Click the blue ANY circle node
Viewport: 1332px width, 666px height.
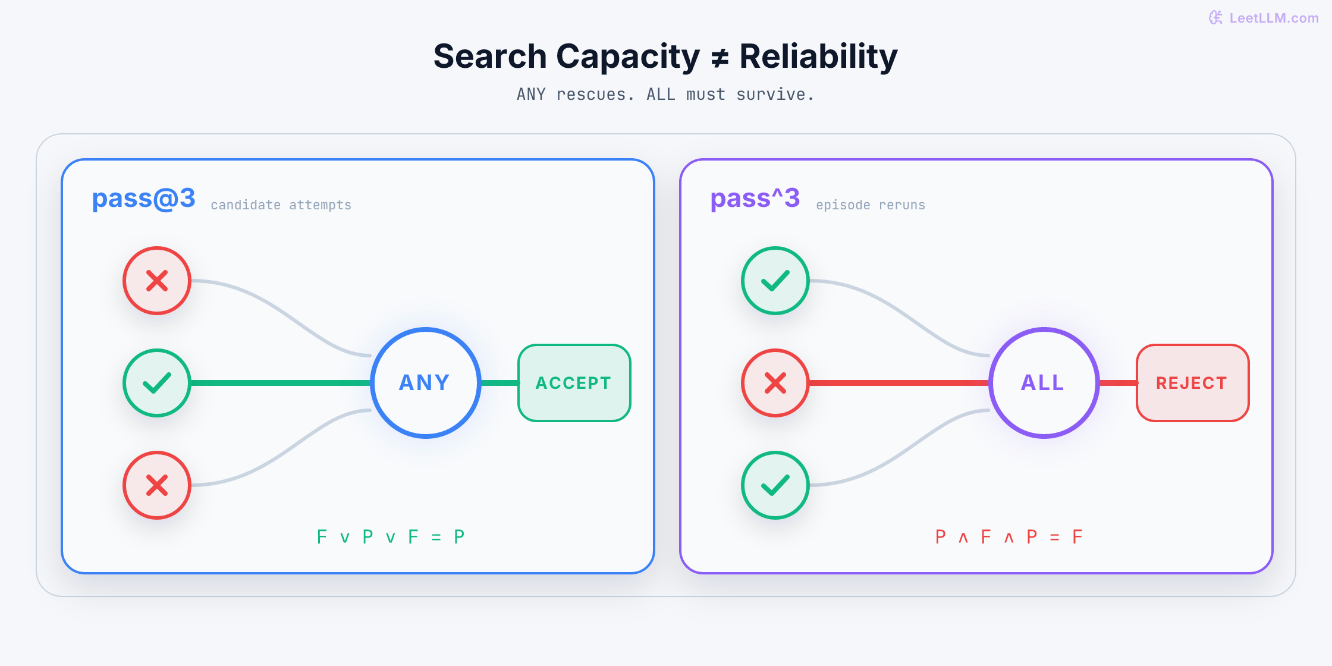point(426,383)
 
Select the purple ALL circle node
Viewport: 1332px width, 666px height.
point(1044,383)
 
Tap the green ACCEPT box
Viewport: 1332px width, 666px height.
point(574,383)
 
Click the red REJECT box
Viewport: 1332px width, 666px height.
point(1193,383)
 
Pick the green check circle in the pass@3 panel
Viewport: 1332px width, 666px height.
point(157,383)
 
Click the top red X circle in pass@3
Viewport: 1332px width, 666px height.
point(157,281)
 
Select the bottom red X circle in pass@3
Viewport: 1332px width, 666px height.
point(157,485)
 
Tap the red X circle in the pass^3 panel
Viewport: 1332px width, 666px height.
point(775,383)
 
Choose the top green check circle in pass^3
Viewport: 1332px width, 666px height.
point(775,281)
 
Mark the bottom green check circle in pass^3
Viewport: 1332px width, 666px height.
point(775,485)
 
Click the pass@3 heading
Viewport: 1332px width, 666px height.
point(143,199)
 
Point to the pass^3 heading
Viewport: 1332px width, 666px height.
point(755,199)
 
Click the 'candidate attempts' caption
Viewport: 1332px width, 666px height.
point(281,205)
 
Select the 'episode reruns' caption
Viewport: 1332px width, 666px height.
point(871,205)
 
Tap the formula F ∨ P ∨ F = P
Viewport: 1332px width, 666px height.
point(391,537)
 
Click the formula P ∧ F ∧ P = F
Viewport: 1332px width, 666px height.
point(1009,537)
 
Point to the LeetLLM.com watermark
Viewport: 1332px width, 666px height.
point(1264,18)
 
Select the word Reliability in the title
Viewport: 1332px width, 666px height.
point(818,57)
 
